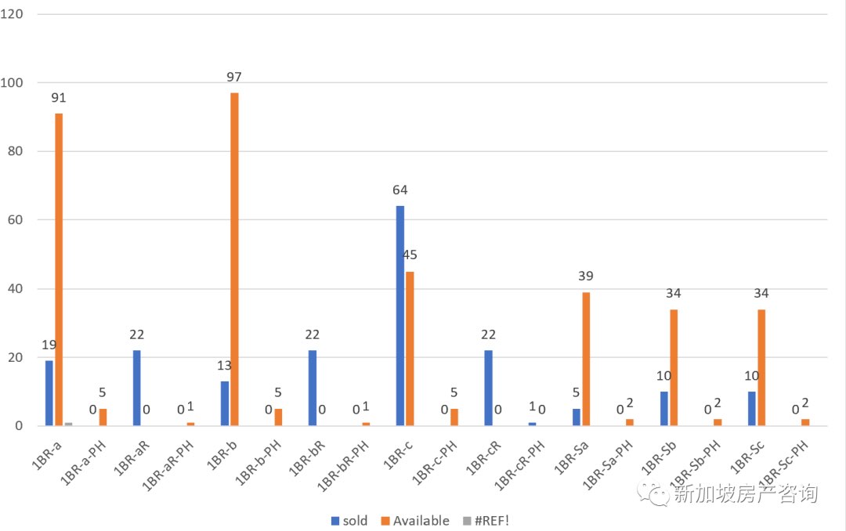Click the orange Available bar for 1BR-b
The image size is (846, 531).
[234, 258]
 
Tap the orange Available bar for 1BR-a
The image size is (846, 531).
[59, 269]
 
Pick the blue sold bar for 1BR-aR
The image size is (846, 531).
[137, 388]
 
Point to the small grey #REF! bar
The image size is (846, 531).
[68, 424]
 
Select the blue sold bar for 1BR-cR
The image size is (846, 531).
[488, 388]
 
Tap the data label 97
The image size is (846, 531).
[234, 77]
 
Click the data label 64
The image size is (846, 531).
[400, 190]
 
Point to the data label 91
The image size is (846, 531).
[59, 98]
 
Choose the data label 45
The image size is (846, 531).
[410, 255]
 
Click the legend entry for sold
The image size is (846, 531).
[349, 521]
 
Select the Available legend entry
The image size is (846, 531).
[414, 521]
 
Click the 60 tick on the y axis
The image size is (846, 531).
[16, 220]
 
